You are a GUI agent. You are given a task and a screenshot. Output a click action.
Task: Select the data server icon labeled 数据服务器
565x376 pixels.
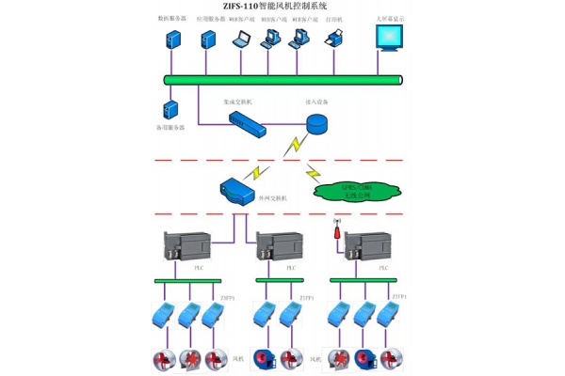[173, 39]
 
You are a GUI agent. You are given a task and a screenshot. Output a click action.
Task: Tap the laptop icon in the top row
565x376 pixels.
[241, 39]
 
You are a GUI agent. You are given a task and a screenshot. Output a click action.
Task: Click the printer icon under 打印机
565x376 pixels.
[334, 39]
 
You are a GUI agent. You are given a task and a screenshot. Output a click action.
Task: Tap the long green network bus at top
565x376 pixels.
[282, 80]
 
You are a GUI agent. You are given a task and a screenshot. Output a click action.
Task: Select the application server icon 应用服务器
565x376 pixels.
[208, 39]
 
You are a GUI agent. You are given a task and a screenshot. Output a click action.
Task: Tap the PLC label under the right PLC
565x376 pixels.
[382, 268]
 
